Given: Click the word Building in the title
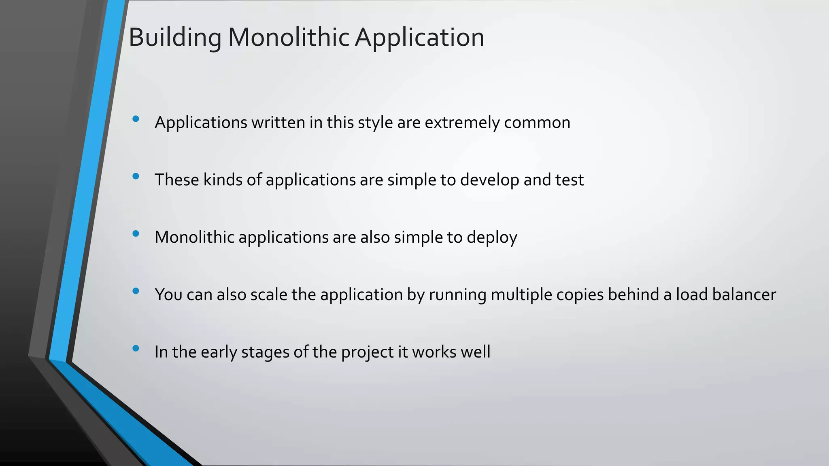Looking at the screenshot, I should pyautogui.click(x=175, y=38).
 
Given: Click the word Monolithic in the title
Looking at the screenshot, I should pyautogui.click(x=288, y=38).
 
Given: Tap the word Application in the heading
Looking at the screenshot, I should pyautogui.click(x=419, y=38).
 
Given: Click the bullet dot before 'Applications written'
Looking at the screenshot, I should pyautogui.click(x=136, y=119).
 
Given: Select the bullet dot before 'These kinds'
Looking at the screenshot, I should pyautogui.click(x=136, y=176).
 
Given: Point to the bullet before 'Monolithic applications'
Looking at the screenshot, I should pyautogui.click(x=136, y=233).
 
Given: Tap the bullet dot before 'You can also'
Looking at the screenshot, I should pyautogui.click(x=136, y=291).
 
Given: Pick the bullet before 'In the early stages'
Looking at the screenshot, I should pyautogui.click(x=136, y=348).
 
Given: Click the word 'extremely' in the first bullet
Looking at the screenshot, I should pyautogui.click(x=462, y=123).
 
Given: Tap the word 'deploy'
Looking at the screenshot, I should pyautogui.click(x=492, y=237).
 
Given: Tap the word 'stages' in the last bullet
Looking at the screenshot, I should pyautogui.click(x=265, y=352).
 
